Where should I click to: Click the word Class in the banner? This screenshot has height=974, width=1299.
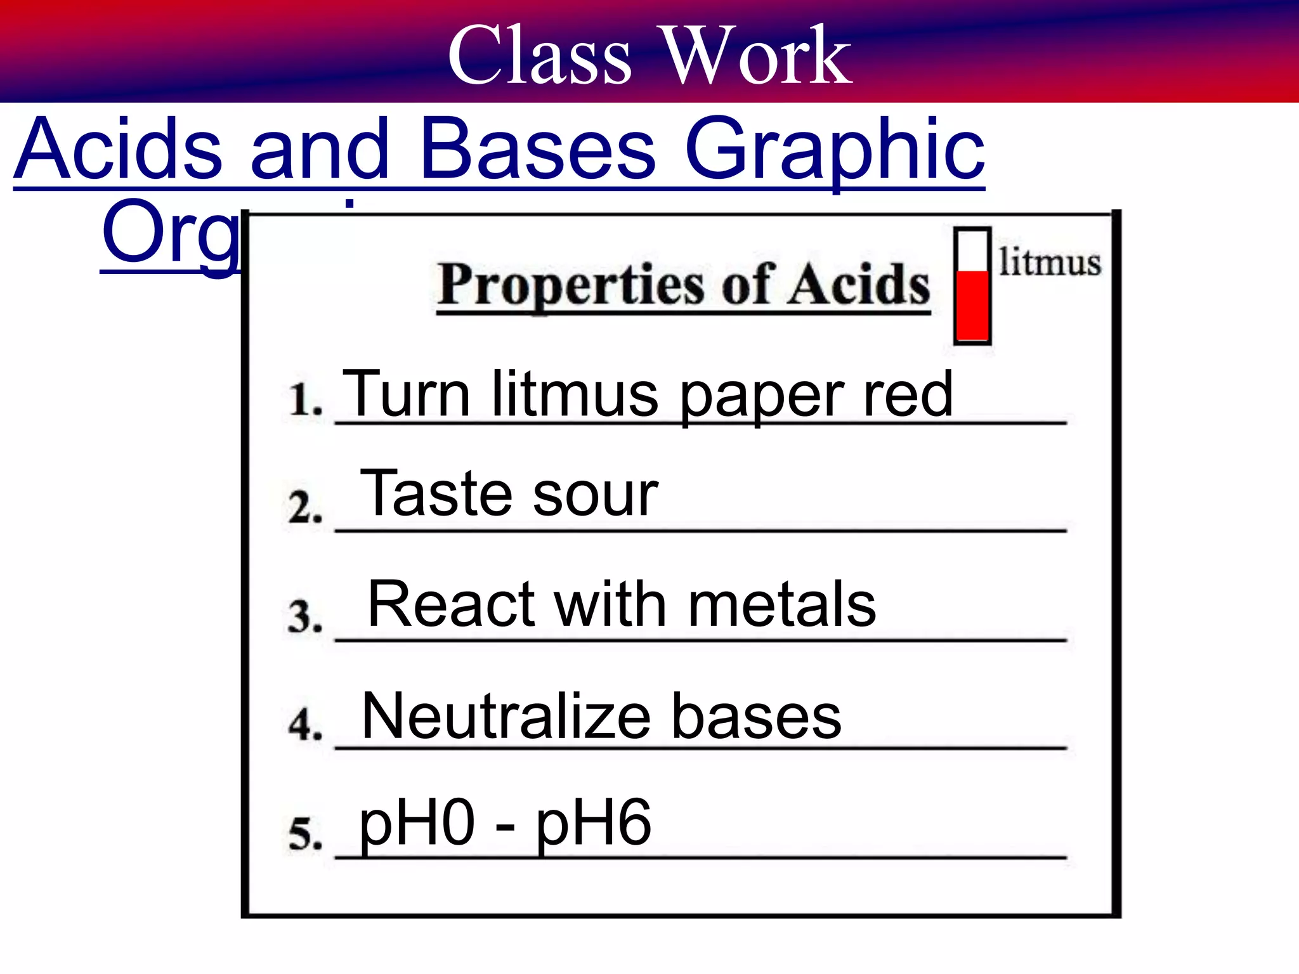point(540,56)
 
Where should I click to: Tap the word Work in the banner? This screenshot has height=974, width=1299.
point(757,56)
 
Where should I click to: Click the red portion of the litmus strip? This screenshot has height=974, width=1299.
point(972,306)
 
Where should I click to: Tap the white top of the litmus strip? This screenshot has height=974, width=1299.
point(972,251)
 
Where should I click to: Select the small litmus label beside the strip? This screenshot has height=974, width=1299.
point(1050,263)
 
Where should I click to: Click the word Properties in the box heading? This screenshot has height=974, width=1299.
point(571,285)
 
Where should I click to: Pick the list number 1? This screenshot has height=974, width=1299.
point(305,399)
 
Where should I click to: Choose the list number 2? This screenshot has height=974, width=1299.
point(305,508)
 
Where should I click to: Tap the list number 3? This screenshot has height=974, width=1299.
point(305,616)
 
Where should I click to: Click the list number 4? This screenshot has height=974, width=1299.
point(305,724)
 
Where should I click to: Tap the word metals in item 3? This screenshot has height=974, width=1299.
point(781,605)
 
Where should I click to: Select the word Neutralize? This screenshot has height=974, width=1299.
point(506,717)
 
